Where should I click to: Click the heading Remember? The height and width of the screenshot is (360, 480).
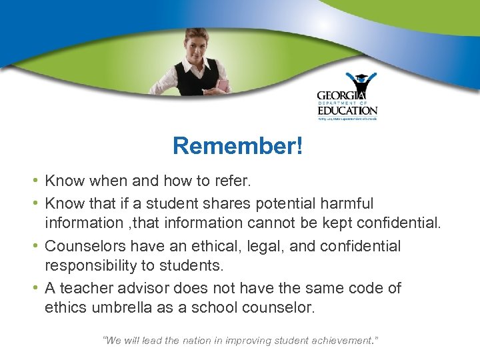tap(237, 146)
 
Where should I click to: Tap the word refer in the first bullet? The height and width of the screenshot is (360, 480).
tap(253, 181)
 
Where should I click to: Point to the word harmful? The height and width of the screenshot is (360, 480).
tap(345, 203)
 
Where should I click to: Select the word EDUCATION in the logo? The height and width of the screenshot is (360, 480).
tap(347, 110)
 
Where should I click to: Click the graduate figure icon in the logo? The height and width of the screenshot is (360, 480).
tap(361, 83)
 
